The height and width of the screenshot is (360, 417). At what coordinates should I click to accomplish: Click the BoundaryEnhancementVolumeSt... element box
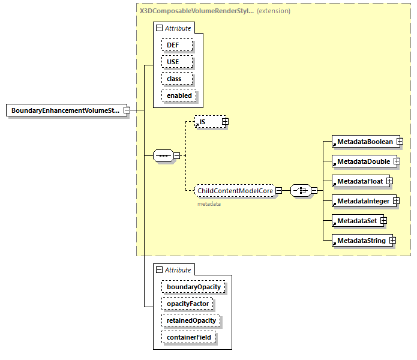click(x=66, y=111)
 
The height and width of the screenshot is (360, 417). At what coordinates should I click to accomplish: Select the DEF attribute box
click(x=176, y=45)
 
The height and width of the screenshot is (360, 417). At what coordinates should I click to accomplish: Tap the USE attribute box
click(x=176, y=62)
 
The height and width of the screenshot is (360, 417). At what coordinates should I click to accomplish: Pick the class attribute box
click(x=176, y=79)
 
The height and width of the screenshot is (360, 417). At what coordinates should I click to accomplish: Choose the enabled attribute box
click(x=179, y=95)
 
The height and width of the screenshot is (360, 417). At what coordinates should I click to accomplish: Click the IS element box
click(x=208, y=122)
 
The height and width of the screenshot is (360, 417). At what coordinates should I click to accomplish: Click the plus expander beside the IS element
click(x=225, y=122)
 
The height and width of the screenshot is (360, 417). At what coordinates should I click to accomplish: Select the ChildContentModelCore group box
click(x=235, y=191)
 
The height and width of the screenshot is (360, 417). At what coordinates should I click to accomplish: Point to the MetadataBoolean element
click(x=364, y=142)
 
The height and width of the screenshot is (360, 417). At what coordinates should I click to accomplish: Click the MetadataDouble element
click(x=362, y=161)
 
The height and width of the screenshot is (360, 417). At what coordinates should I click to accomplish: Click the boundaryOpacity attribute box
click(x=193, y=287)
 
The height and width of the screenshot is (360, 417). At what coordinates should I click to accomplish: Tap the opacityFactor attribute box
click(x=187, y=304)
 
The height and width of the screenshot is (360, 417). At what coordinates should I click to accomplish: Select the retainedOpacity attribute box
click(x=191, y=320)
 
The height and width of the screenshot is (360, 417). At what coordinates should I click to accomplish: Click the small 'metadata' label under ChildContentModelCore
click(x=209, y=204)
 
